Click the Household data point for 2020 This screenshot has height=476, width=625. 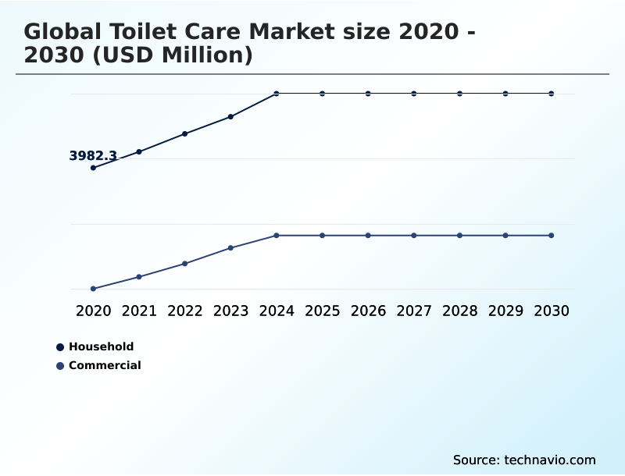coord(93,168)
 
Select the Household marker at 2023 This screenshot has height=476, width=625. coord(230,117)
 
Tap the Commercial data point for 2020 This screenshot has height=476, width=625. coord(93,289)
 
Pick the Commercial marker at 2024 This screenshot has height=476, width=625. coord(277,236)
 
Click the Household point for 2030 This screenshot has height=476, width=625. coord(552,94)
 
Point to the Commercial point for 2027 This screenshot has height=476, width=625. coord(414,236)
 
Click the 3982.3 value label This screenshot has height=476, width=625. coord(93,156)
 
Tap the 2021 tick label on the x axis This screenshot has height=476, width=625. coord(139,311)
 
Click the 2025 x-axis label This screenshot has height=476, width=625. coord(322,311)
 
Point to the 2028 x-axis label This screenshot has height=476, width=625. coord(459,311)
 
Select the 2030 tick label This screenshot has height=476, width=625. coord(552,311)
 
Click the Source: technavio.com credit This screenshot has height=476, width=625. coord(524,460)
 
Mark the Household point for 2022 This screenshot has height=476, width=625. coord(184,134)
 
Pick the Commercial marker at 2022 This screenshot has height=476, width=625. coord(184,264)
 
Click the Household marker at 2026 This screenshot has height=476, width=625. coord(368,94)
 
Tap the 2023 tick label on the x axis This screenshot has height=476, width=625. coord(230,311)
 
